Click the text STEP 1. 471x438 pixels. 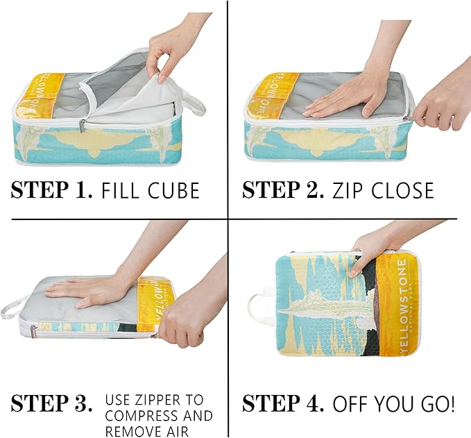51,190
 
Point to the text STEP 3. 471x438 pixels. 51,403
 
